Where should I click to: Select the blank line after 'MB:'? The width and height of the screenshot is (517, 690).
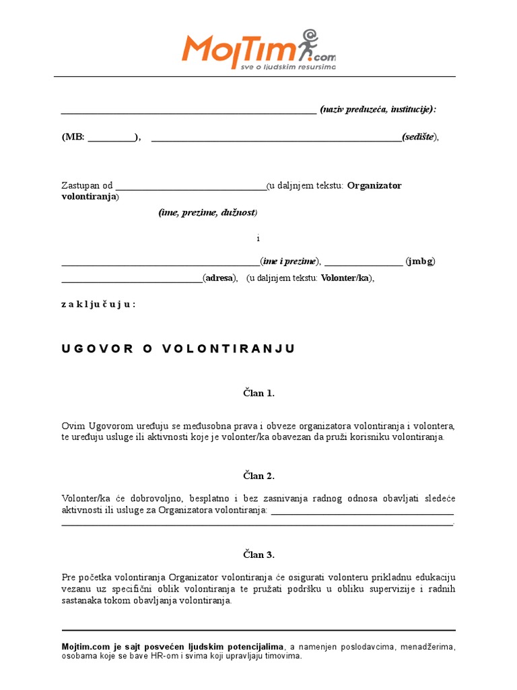click(111, 138)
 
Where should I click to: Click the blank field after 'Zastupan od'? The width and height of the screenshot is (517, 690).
click(191, 187)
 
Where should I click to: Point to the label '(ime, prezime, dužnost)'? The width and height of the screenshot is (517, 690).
click(208, 213)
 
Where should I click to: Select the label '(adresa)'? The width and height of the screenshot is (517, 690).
click(221, 278)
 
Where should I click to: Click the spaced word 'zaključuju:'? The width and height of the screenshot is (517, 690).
click(98, 304)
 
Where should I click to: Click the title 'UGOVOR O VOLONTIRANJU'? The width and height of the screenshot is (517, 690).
click(178, 348)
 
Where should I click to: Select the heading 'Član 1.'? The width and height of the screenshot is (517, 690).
click(258, 393)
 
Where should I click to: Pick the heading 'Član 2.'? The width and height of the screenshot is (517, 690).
click(258, 476)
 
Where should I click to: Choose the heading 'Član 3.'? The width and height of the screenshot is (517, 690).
click(258, 555)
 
